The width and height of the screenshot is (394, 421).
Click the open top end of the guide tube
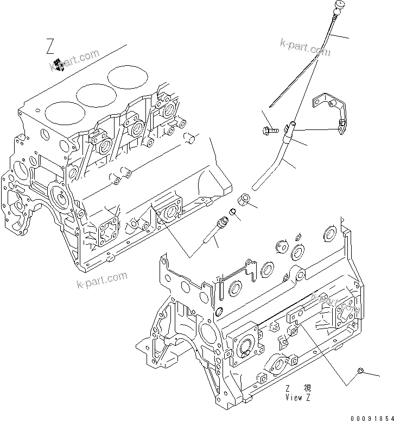293,126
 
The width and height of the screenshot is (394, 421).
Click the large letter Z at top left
49,47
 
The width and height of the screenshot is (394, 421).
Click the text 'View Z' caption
298,397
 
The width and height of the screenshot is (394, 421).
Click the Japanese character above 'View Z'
308,388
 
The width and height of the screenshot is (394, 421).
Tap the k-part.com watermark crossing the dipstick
305,47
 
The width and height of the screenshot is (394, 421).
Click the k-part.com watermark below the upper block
103,280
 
